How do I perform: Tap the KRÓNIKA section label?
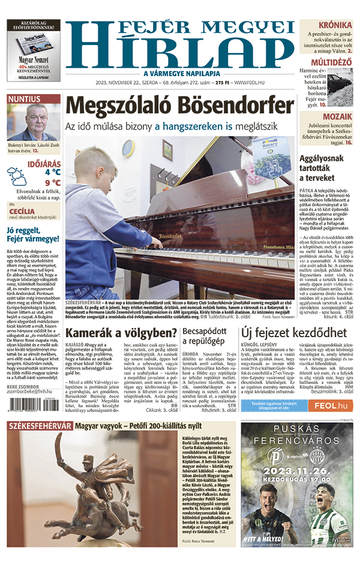tap(335, 25)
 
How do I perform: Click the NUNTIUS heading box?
tap(25, 99)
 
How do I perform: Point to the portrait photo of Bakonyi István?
tap(34, 122)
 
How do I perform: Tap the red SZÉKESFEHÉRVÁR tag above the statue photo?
tap(40, 426)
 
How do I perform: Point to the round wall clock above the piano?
tap(128, 148)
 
